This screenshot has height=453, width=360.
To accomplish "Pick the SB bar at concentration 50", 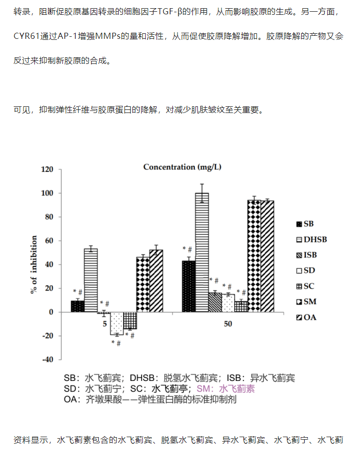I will tap(189, 286).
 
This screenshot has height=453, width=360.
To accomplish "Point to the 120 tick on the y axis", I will tap(48, 170).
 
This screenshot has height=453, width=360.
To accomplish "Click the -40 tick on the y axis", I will tap(48, 359).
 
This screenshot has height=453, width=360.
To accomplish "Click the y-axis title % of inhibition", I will tap(34, 264).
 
